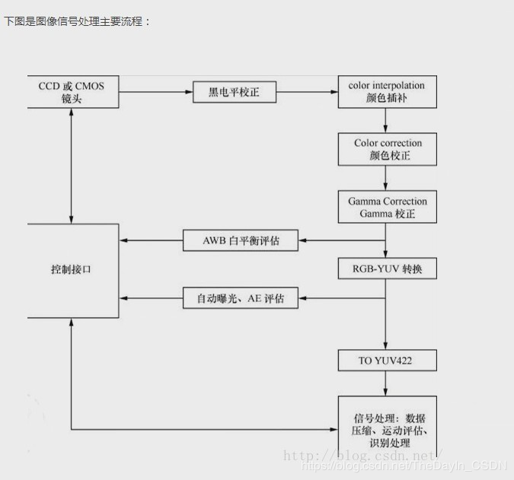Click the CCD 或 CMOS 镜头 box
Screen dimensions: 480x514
(72, 92)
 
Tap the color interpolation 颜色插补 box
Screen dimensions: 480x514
(387, 92)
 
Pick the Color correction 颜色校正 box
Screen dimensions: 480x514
(388, 150)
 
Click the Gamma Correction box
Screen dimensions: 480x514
(388, 207)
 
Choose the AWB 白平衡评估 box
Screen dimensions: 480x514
(241, 241)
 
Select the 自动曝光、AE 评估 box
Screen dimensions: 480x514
(241, 298)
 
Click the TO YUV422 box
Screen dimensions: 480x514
(388, 360)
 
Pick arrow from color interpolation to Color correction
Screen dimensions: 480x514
(387, 119)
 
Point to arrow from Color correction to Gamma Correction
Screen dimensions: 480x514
(387, 177)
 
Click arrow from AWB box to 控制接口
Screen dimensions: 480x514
(151, 241)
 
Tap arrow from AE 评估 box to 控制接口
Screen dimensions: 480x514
(151, 298)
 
